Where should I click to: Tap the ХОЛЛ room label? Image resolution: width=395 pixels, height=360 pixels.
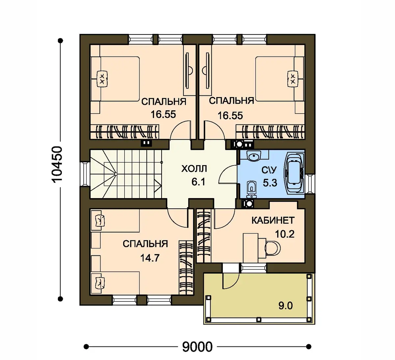pyautogui.click(x=194, y=169)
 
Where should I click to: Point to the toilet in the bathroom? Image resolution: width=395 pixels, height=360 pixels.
pyautogui.click(x=251, y=189)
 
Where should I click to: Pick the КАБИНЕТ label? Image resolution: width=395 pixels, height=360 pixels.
pyautogui.click(x=273, y=220)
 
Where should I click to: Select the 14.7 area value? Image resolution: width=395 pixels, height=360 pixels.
pyautogui.click(x=150, y=258)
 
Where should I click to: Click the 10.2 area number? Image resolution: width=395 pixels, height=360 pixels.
pyautogui.click(x=284, y=234)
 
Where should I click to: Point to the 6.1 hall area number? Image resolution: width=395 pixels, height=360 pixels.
pyautogui.click(x=198, y=182)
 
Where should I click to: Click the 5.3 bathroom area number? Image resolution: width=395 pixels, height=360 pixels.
pyautogui.click(x=270, y=183)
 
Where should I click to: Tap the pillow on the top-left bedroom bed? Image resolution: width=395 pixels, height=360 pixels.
pyautogui.click(x=102, y=79)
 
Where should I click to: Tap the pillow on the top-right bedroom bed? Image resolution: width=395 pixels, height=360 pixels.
pyautogui.click(x=293, y=79)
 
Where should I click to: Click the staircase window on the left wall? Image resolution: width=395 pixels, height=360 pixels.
pyautogui.click(x=85, y=174)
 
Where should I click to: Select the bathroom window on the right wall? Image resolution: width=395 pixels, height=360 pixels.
pyautogui.click(x=310, y=184)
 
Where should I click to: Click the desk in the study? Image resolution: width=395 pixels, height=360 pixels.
pyautogui.click(x=251, y=248)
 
